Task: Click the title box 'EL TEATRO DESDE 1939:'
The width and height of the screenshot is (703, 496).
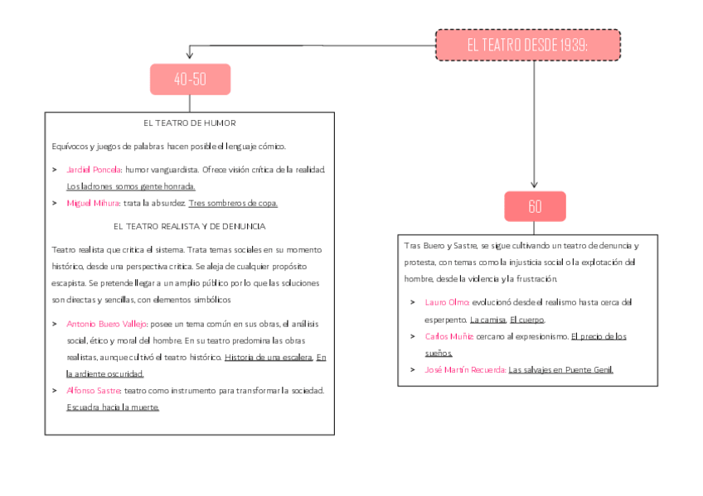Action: click(x=528, y=45)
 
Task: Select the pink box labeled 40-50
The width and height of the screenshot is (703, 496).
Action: click(x=190, y=79)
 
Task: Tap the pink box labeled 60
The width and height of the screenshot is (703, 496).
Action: click(x=535, y=206)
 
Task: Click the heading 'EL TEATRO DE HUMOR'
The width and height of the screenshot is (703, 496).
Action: click(x=190, y=123)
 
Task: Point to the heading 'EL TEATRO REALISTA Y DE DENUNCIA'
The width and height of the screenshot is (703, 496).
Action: click(x=190, y=227)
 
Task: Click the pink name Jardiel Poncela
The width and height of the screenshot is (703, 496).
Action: click(x=93, y=170)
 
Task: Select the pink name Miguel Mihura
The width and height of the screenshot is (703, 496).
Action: click(x=93, y=203)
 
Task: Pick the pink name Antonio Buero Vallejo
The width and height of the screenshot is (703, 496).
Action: click(x=106, y=324)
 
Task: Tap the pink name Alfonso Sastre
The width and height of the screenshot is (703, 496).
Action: click(x=93, y=391)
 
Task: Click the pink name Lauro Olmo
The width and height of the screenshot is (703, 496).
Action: click(x=447, y=302)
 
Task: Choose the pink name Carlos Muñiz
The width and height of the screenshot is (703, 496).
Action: click(x=448, y=337)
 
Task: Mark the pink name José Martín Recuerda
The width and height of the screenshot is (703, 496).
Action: click(x=465, y=370)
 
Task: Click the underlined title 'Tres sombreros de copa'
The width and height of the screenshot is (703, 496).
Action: click(x=233, y=203)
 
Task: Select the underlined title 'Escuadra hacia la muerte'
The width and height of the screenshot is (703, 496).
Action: click(x=113, y=407)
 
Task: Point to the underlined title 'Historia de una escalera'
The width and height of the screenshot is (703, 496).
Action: click(x=269, y=357)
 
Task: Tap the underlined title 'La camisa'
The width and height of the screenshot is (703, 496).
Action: click(x=488, y=320)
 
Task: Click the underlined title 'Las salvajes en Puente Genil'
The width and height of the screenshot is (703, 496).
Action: click(x=561, y=370)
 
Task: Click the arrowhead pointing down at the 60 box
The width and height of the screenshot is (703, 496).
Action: click(x=534, y=185)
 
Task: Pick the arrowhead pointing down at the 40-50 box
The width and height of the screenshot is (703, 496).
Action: click(x=190, y=55)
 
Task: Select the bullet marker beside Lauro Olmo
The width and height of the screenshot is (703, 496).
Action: click(x=413, y=302)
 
